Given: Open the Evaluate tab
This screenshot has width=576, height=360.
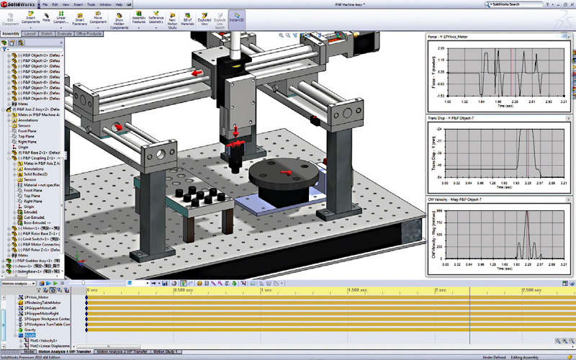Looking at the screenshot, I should [64, 34].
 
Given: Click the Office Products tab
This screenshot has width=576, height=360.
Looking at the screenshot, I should [89, 34].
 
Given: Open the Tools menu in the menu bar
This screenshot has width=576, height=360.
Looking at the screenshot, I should [90, 4].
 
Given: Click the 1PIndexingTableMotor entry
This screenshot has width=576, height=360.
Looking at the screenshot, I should [43, 302].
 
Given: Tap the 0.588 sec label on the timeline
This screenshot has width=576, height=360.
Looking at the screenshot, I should [183, 289].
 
